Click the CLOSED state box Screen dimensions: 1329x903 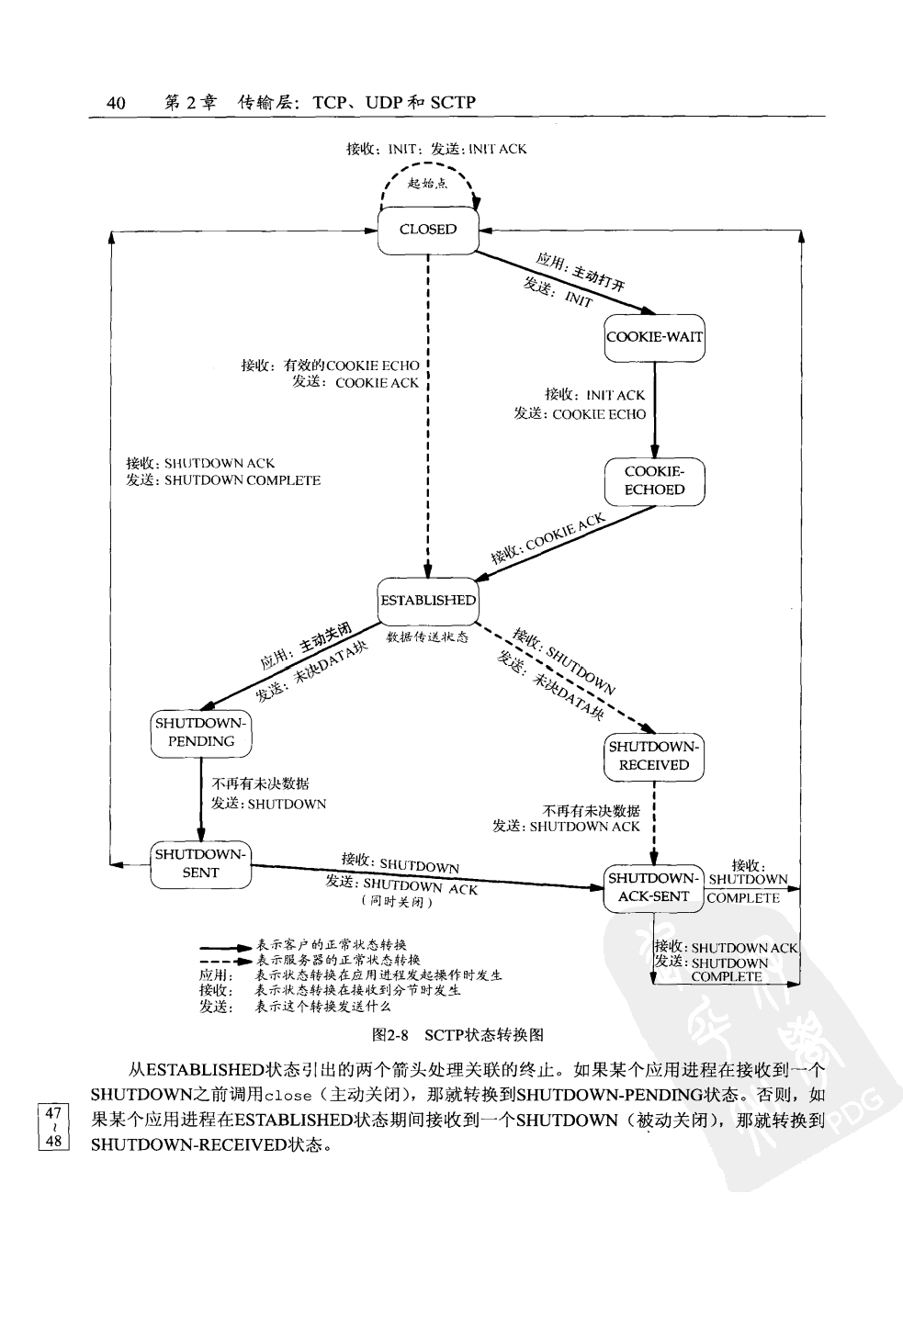point(428,230)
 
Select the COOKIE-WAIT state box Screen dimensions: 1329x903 point(654,337)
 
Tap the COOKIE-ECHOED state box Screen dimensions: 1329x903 point(654,481)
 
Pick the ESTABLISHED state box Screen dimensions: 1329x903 point(428,601)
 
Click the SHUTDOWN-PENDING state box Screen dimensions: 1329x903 point(200,733)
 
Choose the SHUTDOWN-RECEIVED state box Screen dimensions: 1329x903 point(653,756)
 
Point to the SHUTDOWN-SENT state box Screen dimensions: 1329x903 point(200,864)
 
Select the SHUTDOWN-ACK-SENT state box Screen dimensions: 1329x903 point(653,888)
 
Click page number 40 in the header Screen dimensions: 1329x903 point(116,103)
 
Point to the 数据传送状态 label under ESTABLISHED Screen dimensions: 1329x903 point(428,636)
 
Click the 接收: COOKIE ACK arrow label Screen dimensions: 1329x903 point(547,539)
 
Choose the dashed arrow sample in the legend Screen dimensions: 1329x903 point(225,961)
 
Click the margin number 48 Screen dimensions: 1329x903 point(52,1141)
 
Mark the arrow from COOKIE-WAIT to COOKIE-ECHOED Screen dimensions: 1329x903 point(655,409)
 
